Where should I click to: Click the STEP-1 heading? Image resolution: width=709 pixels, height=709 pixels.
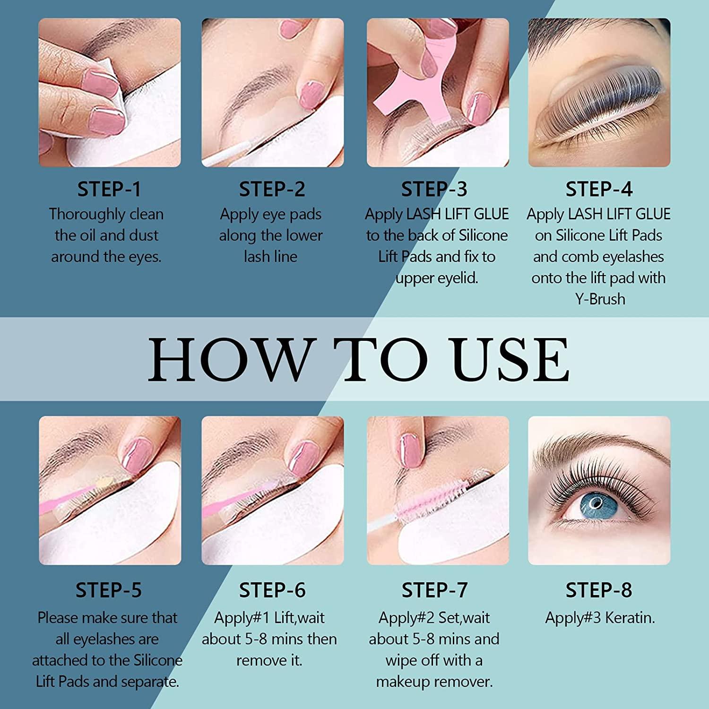coord(109,189)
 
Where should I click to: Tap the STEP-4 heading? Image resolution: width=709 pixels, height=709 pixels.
coord(599,189)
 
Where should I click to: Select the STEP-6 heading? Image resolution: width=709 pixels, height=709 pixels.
coord(272,590)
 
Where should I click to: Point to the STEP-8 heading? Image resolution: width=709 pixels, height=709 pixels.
coord(599,590)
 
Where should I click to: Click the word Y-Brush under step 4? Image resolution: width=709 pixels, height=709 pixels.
coord(600,299)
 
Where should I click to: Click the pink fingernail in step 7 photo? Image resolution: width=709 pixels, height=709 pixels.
coord(410,449)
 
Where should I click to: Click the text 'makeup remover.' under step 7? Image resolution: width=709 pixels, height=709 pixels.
coord(434,682)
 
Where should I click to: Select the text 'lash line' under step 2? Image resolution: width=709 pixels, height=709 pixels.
coord(270,256)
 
